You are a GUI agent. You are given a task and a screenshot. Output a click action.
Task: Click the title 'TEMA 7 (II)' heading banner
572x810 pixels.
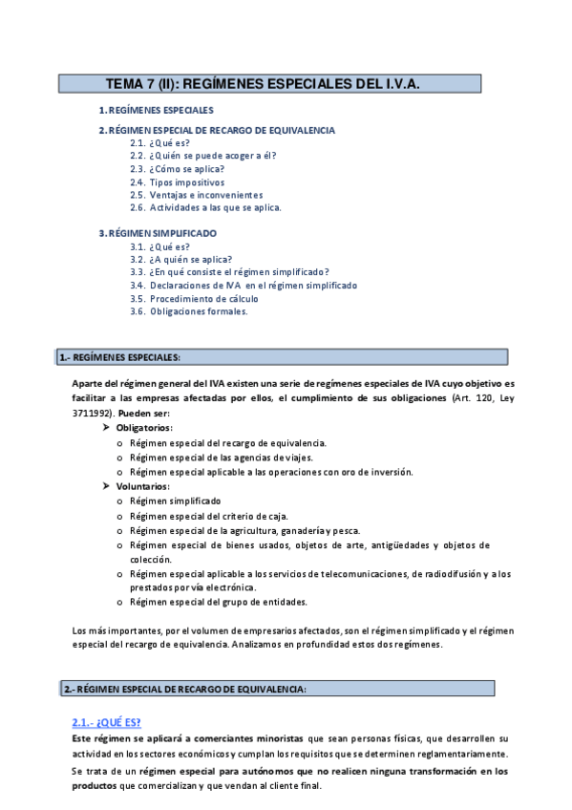[x=277, y=84]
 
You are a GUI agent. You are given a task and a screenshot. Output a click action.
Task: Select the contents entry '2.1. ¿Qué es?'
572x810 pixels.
[x=159, y=143]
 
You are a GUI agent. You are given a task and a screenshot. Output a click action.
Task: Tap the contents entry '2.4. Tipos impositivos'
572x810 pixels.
[x=177, y=181]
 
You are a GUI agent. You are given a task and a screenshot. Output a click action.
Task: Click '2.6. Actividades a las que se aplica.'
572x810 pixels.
[x=205, y=207]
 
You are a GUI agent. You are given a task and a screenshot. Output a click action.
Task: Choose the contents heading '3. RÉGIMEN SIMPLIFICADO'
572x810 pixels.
[x=158, y=233]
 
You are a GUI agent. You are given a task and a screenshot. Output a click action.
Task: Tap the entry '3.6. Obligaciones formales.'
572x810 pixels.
[x=188, y=311]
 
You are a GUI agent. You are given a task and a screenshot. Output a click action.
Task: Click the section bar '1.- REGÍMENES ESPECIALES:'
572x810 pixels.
[x=119, y=358]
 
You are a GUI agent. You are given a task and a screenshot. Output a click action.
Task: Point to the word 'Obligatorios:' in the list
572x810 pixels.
[x=144, y=429]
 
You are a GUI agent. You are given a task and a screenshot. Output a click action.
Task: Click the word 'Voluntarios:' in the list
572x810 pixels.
[x=142, y=486]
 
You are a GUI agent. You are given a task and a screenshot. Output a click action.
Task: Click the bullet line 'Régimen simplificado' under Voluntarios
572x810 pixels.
[x=175, y=501]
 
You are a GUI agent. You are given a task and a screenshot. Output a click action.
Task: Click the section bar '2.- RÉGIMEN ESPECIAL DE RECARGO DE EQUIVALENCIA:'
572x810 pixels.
[x=185, y=689]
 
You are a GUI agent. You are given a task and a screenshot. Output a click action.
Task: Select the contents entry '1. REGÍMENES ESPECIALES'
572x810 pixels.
[x=156, y=111]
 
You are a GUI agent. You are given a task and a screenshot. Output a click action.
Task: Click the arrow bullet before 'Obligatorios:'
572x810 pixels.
[x=107, y=429]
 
